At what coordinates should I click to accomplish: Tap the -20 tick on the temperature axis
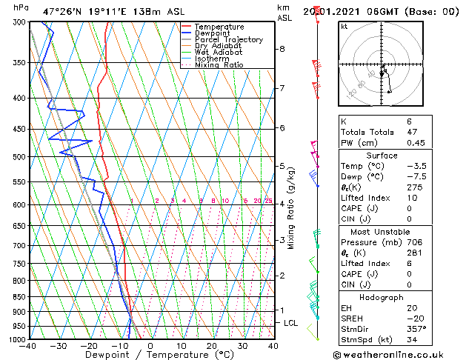88,346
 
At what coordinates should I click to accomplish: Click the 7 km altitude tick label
282,88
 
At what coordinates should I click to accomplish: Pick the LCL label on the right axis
290,323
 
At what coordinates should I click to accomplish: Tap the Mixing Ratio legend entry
219,65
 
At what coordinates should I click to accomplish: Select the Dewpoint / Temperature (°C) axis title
150,355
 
